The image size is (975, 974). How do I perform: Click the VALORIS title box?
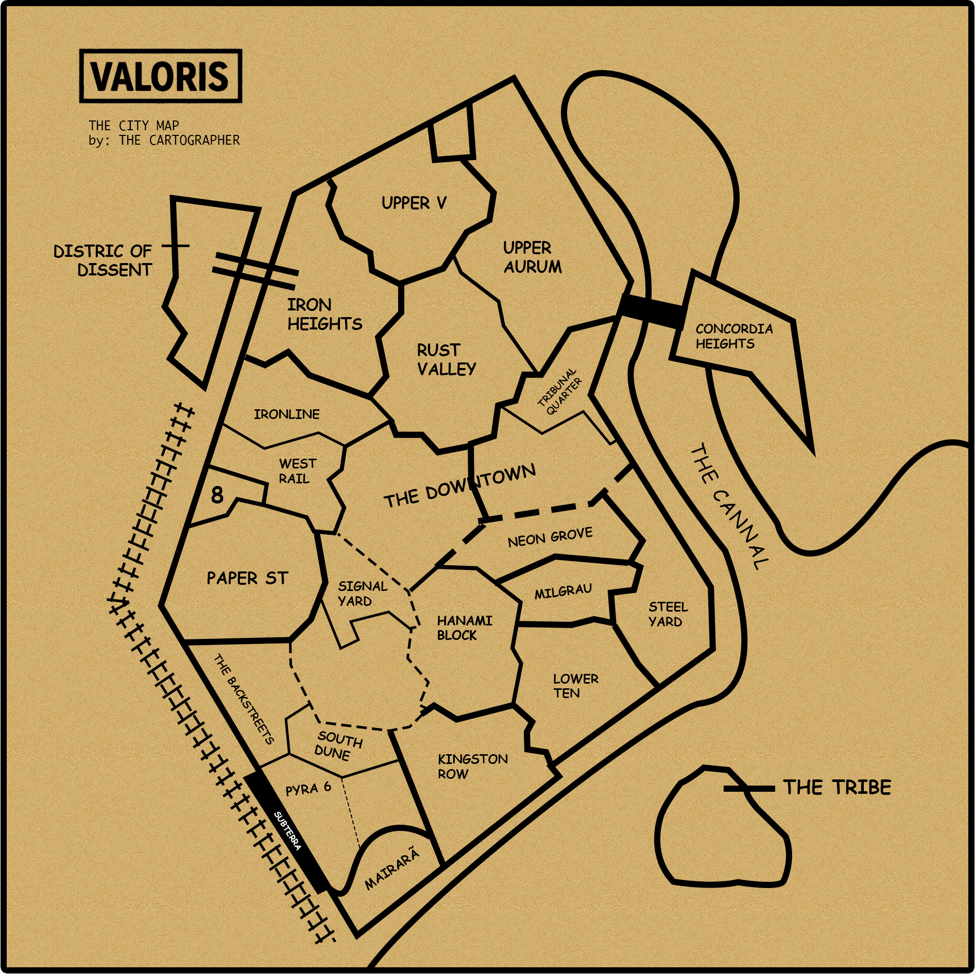(161, 76)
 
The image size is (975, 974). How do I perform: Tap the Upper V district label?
(414, 203)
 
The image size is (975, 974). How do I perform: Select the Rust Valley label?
(446, 359)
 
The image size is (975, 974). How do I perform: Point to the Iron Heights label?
(324, 314)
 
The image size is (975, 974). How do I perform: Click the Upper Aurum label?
(532, 257)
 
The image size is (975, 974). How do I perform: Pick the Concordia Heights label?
(734, 336)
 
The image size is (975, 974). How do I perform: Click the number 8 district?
(217, 495)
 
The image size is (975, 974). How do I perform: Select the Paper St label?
(247, 578)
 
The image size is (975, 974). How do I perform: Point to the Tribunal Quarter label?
(560, 391)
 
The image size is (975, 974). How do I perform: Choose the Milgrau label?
(563, 592)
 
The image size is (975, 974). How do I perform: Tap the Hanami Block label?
(464, 628)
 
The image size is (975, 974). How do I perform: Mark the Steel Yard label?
(668, 614)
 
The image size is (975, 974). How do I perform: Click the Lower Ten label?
(575, 686)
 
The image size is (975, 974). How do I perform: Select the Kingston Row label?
(472, 766)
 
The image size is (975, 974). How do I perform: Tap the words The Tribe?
(837, 787)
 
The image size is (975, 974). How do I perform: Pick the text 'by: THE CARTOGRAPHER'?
(164, 140)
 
